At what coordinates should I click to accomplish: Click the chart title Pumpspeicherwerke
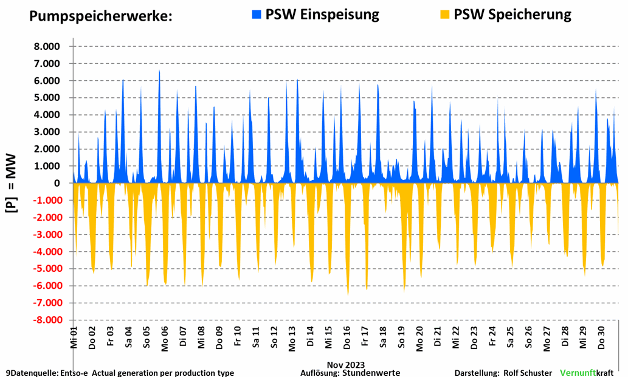pos(101,16)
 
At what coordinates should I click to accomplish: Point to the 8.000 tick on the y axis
pos(47,47)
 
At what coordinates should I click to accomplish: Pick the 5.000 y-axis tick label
pos(47,98)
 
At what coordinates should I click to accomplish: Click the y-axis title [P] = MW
pos(12,182)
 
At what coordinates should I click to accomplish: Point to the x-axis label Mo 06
pos(165,338)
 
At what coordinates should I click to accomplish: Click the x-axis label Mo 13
pos(292,338)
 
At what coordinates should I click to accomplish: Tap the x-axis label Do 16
pos(347,338)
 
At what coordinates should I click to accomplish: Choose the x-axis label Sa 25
pos(511,338)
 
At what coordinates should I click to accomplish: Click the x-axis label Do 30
pos(601,338)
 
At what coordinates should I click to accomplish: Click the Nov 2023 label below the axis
pos(346,365)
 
